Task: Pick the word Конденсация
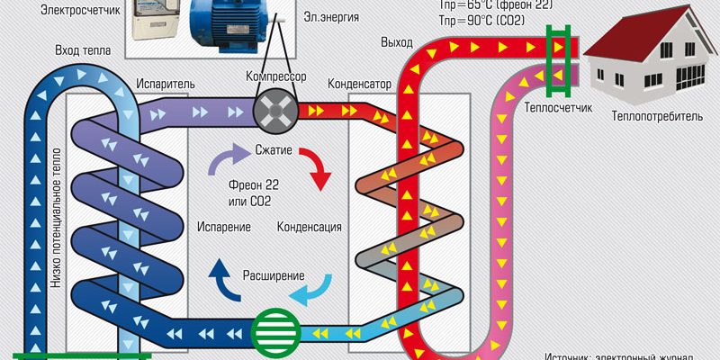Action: tap(309, 226)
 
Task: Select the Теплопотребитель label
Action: tap(654, 115)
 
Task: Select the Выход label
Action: tap(397, 42)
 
